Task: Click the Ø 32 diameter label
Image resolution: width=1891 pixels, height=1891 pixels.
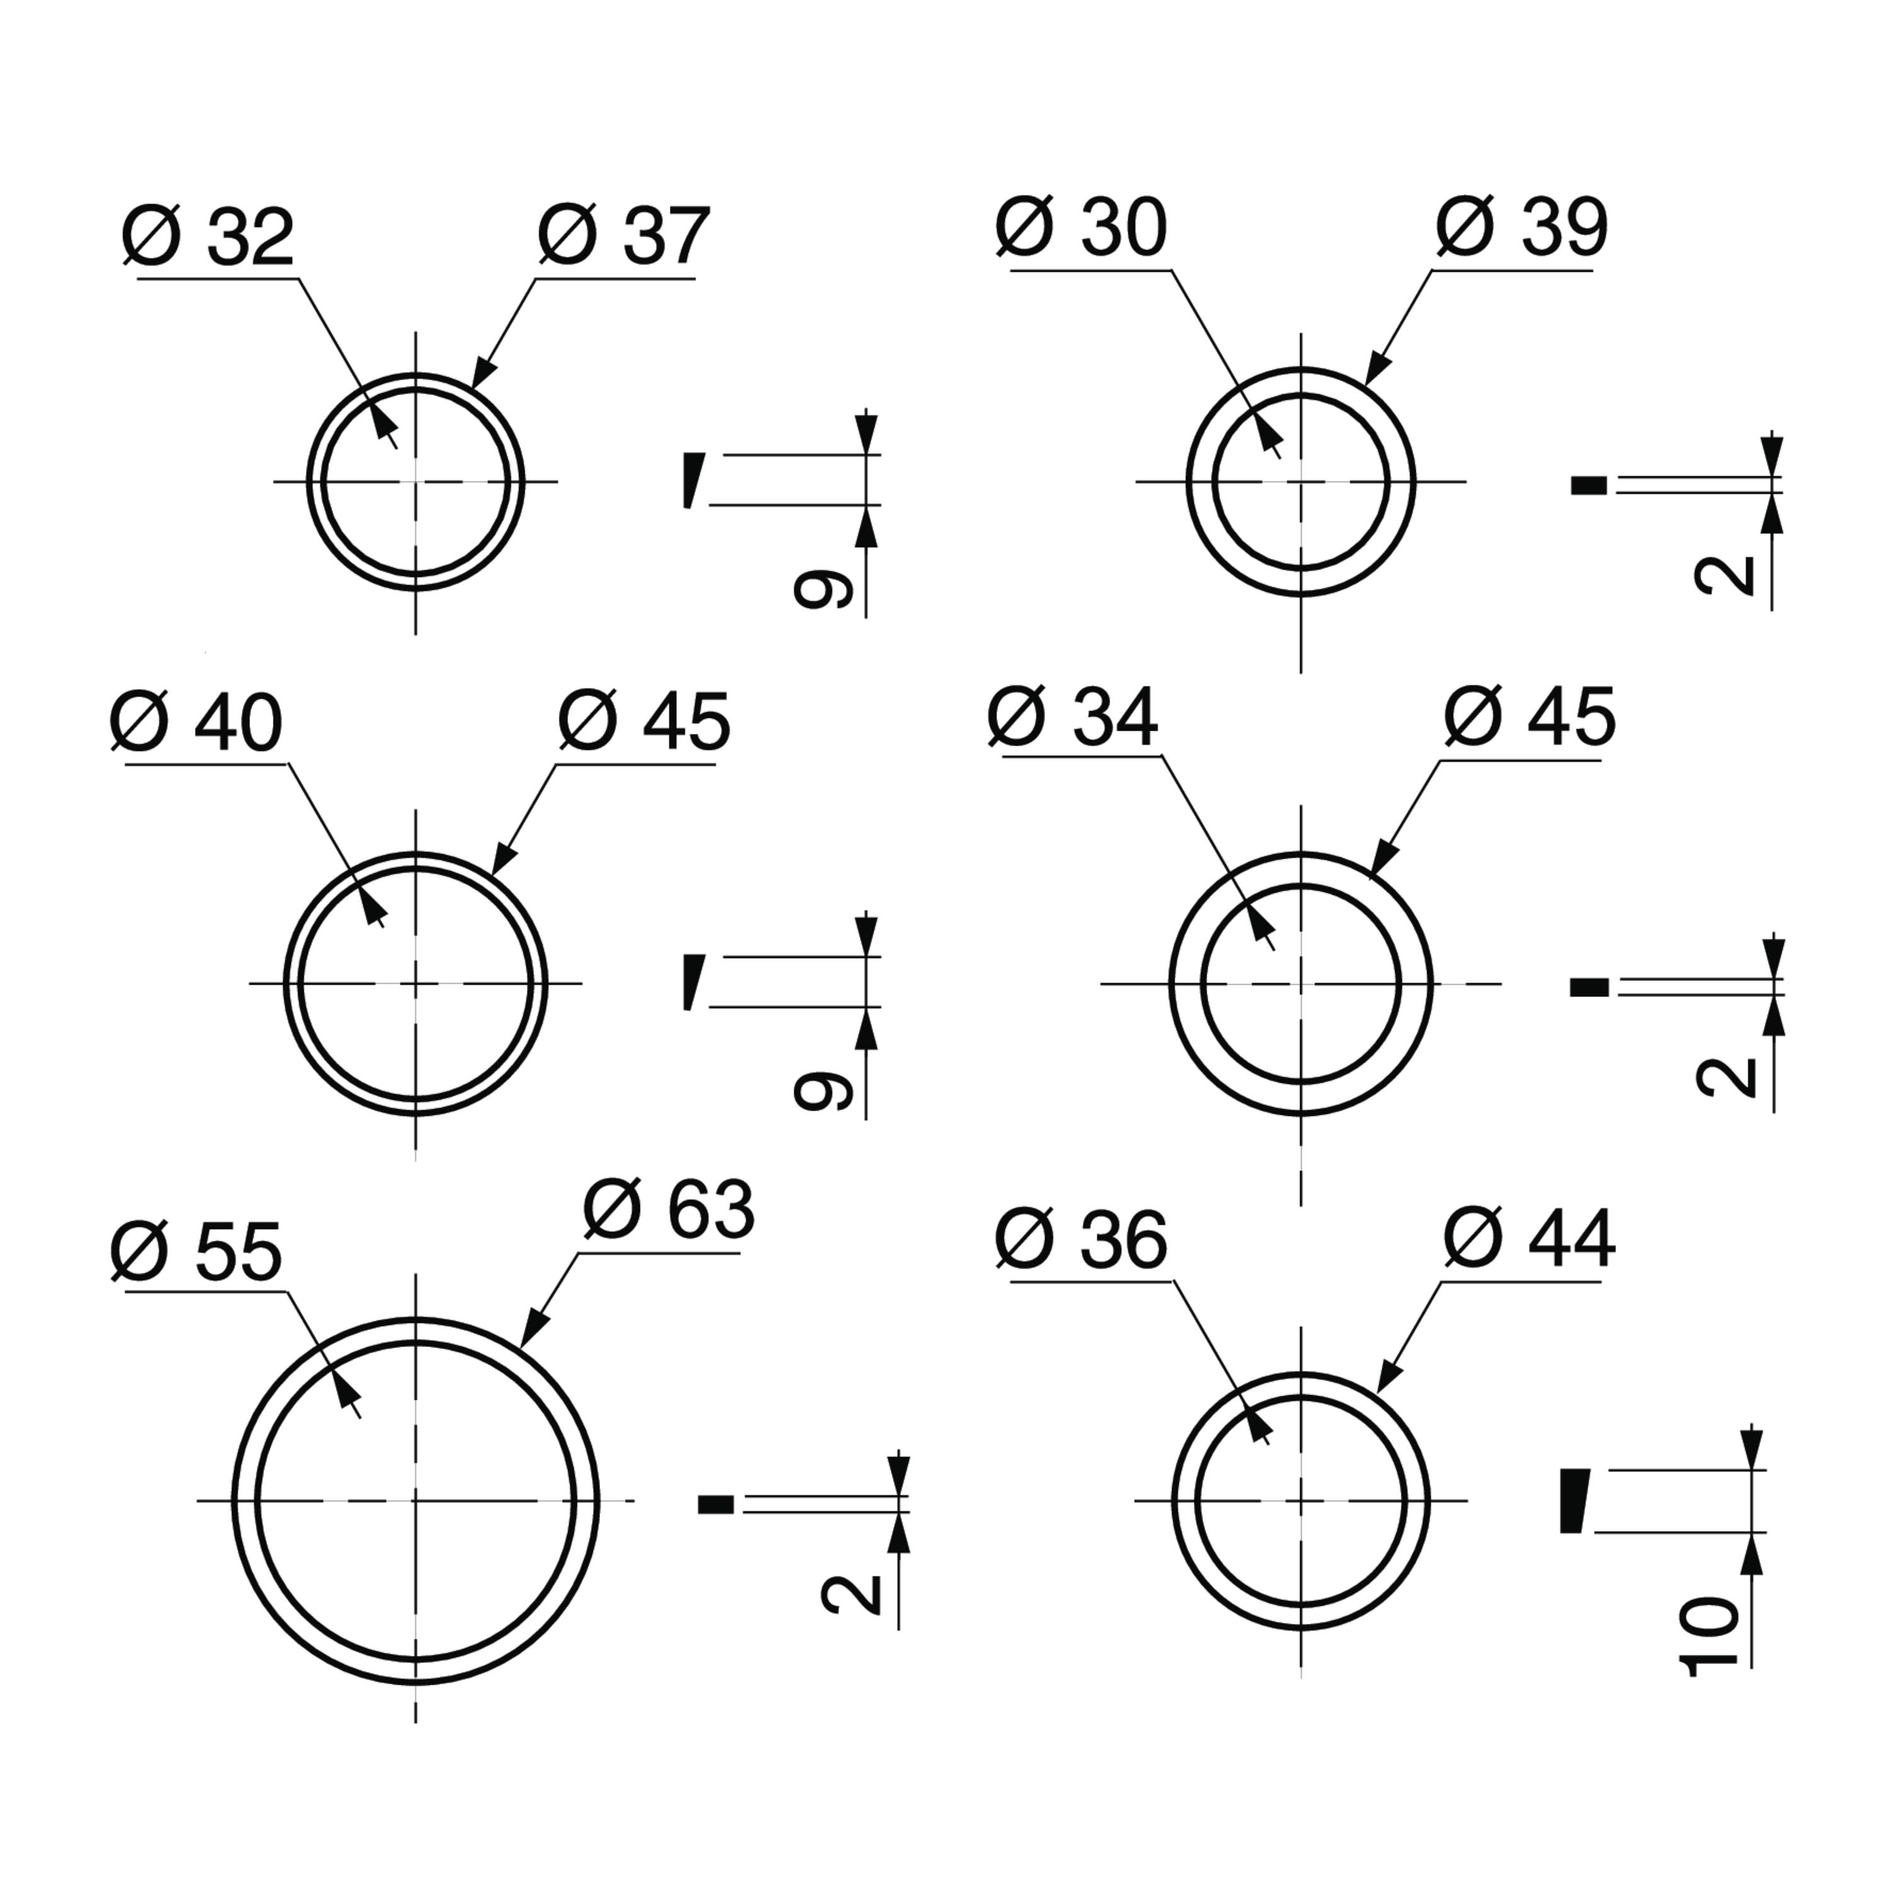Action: point(207,237)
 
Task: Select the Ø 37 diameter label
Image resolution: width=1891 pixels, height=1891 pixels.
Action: point(623,237)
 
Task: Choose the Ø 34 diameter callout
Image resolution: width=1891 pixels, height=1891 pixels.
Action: point(1073,717)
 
